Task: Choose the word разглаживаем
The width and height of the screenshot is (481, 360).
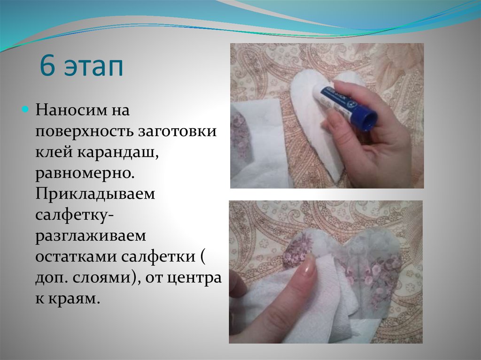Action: tap(91, 237)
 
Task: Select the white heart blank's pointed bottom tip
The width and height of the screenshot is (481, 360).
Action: tap(335, 181)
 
